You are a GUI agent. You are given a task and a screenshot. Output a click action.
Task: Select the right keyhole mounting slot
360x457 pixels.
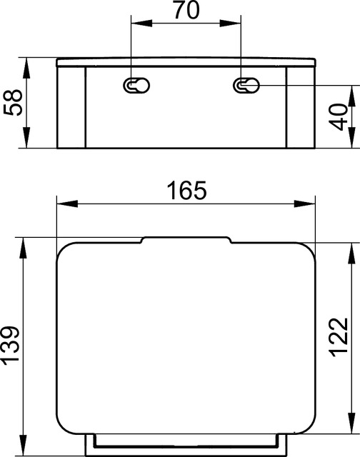click(245, 86)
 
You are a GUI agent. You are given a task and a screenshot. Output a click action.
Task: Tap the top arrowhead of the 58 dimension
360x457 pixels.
click(26, 62)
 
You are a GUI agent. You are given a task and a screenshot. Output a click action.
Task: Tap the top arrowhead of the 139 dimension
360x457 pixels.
click(26, 243)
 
